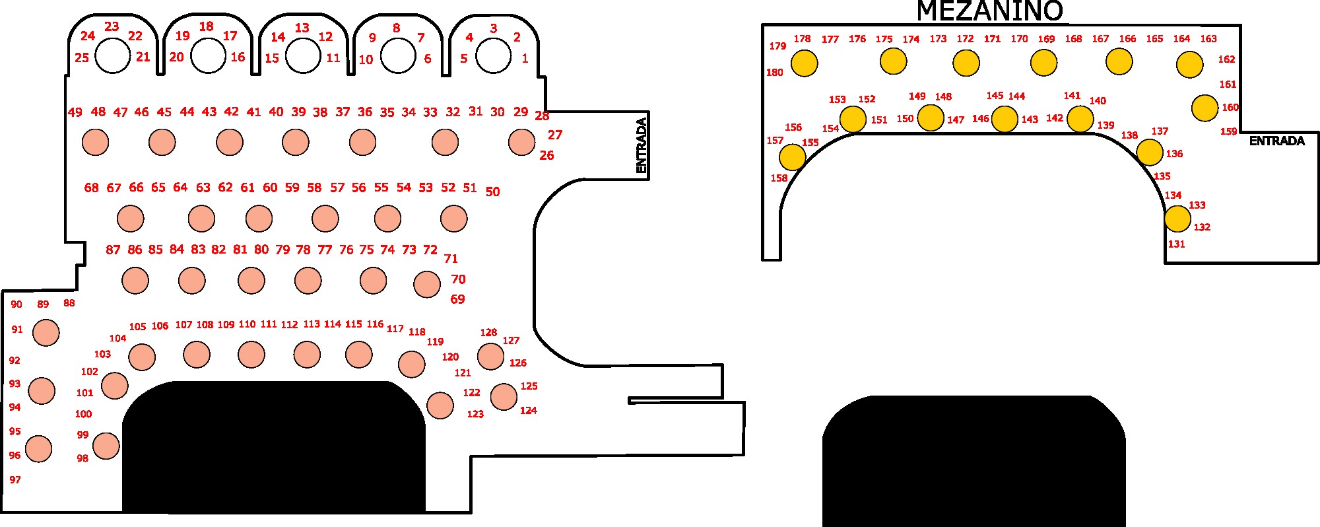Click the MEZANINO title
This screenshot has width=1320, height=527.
(989, 11)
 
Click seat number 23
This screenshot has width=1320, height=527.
(112, 26)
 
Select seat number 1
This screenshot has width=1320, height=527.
(525, 58)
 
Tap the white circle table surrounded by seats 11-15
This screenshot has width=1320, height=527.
(303, 55)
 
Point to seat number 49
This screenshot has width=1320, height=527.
(75, 112)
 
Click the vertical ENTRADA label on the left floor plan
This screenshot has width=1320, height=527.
(641, 145)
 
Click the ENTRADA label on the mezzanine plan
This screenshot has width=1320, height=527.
(1276, 141)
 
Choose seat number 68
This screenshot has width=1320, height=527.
(91, 188)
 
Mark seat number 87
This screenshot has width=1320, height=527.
(113, 250)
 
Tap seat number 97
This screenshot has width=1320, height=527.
(15, 479)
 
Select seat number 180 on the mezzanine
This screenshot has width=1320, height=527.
(774, 73)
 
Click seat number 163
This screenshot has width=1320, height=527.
(1208, 39)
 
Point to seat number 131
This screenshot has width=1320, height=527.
(1176, 244)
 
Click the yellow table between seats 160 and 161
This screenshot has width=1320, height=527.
(1204, 108)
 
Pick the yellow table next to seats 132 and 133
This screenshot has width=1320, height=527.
(1177, 219)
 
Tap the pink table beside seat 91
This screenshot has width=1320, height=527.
(46, 332)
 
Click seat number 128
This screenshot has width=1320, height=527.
(488, 332)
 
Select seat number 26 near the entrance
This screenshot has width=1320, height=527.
(546, 155)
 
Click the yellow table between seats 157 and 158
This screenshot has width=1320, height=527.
(792, 157)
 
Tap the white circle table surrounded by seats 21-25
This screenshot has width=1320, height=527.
(113, 55)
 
